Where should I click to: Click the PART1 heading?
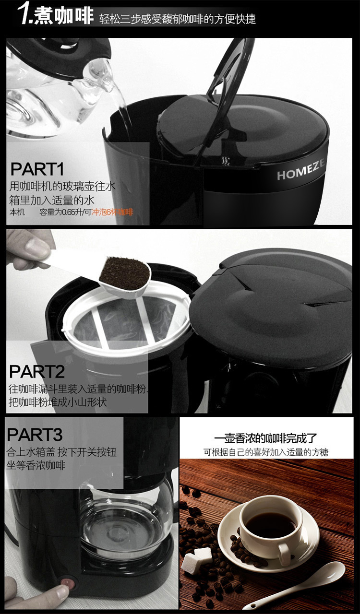37,169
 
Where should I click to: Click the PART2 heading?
37,371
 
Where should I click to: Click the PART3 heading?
35,435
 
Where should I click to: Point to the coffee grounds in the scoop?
124,273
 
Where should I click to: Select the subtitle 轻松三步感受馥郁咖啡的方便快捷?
177,19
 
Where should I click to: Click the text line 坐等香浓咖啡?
36,465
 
